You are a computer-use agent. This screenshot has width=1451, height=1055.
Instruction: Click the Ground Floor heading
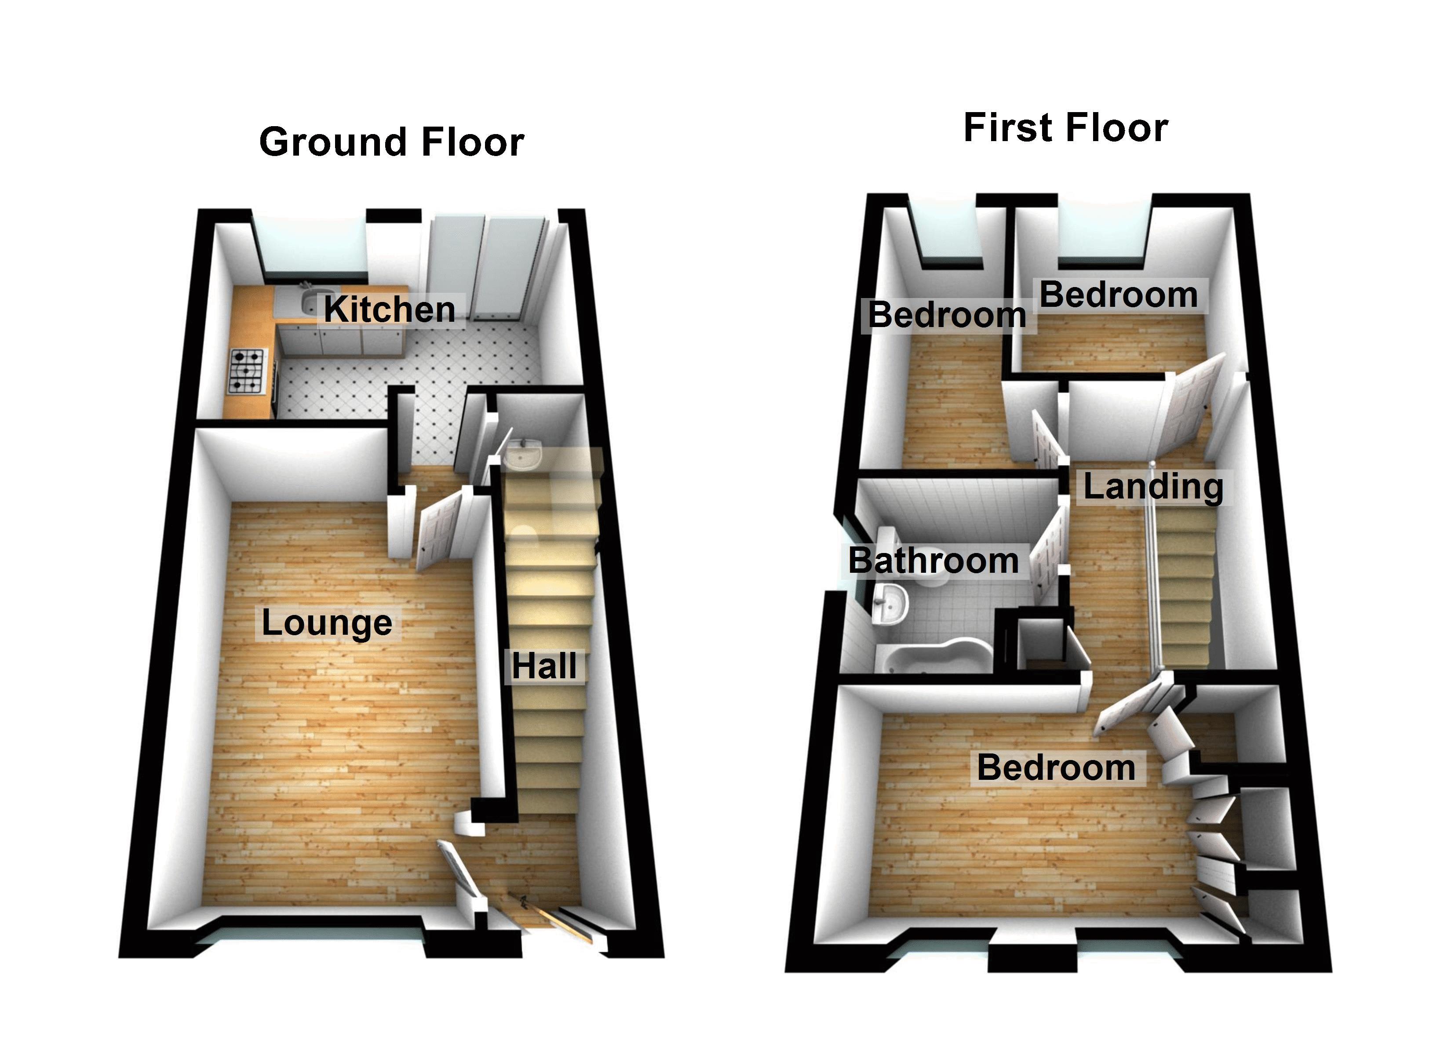[x=391, y=142]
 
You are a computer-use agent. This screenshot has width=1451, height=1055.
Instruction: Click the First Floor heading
[x=1065, y=128]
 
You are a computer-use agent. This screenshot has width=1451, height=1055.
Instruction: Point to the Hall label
[x=544, y=666]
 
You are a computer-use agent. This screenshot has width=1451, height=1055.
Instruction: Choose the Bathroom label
[x=933, y=560]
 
